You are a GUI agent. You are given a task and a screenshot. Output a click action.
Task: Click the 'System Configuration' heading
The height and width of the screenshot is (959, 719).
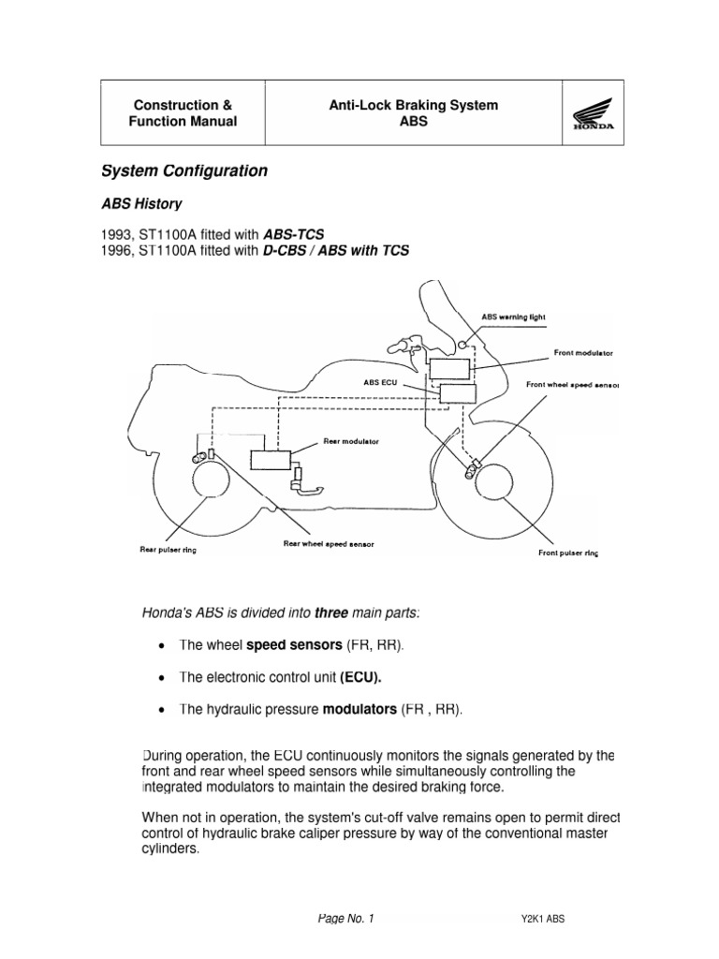tap(184, 171)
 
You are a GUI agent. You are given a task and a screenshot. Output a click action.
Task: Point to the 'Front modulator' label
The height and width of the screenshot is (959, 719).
tap(583, 354)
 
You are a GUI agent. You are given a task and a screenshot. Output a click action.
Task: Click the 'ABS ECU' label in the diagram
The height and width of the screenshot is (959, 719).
tap(380, 382)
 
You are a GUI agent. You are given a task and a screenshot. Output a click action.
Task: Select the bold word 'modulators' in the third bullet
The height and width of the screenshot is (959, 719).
tap(359, 710)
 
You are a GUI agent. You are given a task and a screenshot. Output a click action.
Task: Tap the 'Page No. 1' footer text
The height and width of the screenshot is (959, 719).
tap(345, 918)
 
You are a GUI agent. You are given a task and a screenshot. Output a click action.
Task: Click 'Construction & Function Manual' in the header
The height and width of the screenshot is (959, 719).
tap(183, 114)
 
